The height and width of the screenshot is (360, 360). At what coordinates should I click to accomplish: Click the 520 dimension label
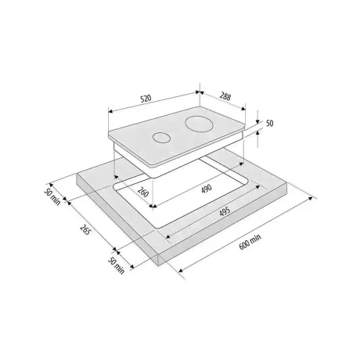[146, 99]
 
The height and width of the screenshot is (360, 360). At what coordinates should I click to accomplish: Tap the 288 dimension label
[225, 96]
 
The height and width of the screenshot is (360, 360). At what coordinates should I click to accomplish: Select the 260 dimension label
[143, 192]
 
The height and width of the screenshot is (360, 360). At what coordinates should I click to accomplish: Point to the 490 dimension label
[207, 189]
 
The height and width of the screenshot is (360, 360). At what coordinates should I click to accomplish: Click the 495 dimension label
[225, 211]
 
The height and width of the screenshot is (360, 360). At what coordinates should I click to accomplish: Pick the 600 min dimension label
[250, 242]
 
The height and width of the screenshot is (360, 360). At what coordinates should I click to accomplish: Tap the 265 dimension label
[85, 229]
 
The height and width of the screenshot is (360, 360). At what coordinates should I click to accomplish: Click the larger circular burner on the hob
[200, 123]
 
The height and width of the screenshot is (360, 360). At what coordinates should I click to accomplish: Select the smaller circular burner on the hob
[162, 138]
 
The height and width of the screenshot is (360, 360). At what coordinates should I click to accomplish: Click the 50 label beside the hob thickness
[269, 123]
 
